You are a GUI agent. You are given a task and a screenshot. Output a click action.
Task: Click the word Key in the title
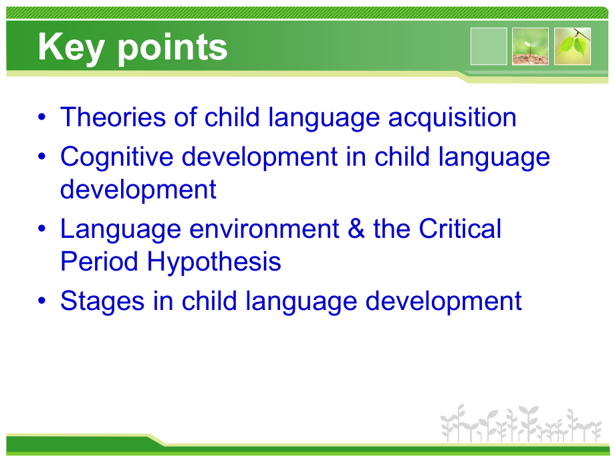[71, 48]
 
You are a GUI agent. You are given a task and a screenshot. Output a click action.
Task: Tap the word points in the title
[172, 48]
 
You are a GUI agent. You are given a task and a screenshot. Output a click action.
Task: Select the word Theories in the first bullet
[113, 117]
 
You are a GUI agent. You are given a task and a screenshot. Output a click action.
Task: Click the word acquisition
[453, 118]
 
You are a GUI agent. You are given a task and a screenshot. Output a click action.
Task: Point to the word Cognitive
[117, 157]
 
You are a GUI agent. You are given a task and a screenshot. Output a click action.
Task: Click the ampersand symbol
[356, 228]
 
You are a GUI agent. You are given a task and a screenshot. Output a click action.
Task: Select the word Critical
[460, 228]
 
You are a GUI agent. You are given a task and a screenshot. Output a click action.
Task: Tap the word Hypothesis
[214, 263]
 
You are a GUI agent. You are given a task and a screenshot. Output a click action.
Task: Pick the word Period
[99, 261]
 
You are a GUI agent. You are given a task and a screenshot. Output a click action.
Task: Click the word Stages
[102, 302]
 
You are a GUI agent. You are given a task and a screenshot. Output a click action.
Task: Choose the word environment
[264, 229]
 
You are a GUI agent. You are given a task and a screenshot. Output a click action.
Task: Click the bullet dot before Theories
[42, 117]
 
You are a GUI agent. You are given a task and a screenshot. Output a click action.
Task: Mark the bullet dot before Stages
[42, 301]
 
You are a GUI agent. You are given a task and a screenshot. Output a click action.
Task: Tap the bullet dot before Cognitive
[42, 156]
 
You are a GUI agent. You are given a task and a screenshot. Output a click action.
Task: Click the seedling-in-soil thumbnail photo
[530, 46]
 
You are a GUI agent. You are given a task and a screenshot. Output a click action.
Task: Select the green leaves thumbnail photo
[572, 46]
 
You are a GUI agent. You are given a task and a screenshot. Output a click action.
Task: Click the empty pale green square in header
[489, 46]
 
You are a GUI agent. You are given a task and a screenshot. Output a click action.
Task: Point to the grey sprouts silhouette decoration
[521, 424]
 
